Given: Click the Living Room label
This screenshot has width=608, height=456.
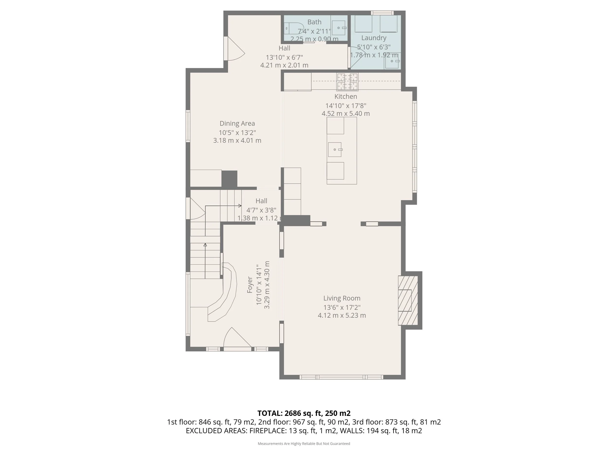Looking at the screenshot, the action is tap(342, 298).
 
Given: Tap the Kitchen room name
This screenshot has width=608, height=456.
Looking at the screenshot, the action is tap(346, 97).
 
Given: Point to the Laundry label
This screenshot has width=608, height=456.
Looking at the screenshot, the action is tap(374, 38).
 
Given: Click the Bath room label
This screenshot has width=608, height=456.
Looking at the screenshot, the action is tap(314, 22).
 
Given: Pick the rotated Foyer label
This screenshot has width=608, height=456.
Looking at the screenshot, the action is tap(250, 285).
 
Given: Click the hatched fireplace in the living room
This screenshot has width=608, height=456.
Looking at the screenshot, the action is tap(408, 300).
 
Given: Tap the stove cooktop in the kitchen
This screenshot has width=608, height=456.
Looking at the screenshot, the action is tap(348, 82).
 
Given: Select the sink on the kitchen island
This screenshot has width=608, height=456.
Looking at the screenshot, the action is tap(335, 150).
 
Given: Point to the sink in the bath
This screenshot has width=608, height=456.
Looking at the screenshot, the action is tap(338, 28).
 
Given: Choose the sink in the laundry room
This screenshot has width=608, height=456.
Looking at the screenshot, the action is tap(393, 61).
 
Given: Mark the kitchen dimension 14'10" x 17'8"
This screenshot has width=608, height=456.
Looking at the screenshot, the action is tap(346, 106).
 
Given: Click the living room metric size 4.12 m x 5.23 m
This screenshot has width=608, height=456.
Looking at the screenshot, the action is tap(342, 315).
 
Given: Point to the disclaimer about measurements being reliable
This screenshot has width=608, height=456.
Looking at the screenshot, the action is tap(304, 443).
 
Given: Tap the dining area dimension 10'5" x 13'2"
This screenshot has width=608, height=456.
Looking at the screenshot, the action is tap(237, 133).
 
